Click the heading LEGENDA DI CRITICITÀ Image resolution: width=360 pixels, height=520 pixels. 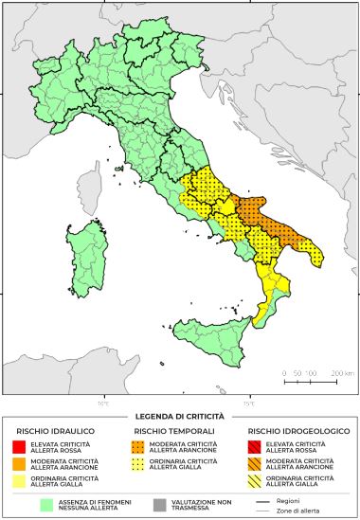point(180,416)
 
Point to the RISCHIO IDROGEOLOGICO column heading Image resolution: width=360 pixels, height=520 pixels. point(292,432)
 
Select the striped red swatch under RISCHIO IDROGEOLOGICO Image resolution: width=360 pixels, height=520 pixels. point(254,446)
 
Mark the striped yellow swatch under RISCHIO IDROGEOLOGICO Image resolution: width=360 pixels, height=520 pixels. point(254,481)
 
